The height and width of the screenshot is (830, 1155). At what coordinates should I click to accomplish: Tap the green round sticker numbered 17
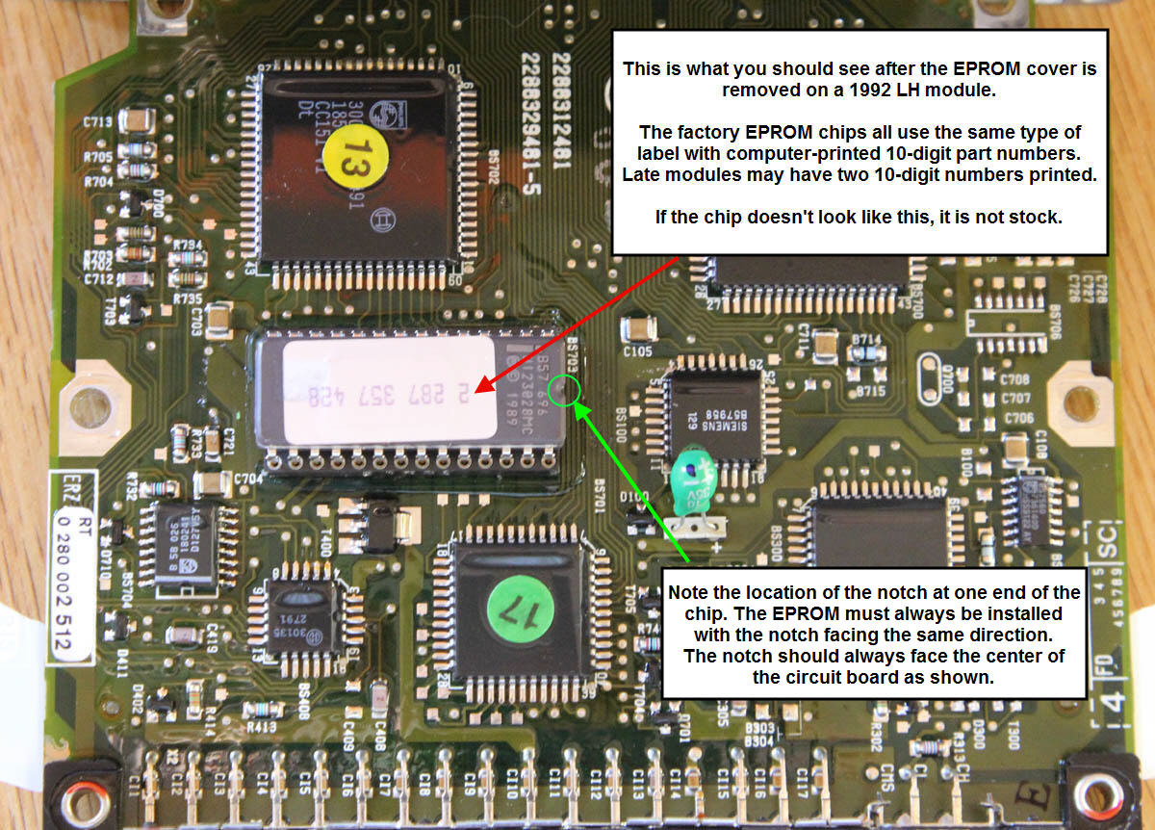[x=520, y=610]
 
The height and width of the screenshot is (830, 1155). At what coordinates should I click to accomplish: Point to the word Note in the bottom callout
[x=688, y=592]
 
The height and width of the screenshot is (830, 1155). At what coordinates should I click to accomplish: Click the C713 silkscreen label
[x=99, y=121]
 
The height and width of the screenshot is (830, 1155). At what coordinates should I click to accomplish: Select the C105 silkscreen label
[x=638, y=351]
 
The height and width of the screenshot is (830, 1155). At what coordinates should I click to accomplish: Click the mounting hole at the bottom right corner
[x=1096, y=795]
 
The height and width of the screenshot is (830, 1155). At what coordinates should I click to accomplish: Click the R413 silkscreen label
[x=262, y=727]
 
